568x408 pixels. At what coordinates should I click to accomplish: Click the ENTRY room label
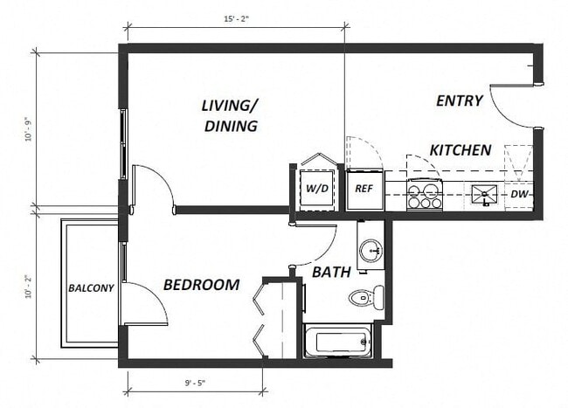pos(459,100)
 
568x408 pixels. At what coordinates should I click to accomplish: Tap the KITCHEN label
pos(460,150)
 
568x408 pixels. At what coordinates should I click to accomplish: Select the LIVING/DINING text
pos(230,116)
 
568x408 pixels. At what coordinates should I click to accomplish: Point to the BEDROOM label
pos(201,285)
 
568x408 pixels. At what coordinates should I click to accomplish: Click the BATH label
pos(332,272)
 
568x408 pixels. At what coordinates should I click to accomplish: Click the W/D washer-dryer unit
pos(317,188)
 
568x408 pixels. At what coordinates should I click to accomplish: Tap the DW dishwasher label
pos(518,194)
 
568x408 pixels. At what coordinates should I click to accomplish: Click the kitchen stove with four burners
pos(425,194)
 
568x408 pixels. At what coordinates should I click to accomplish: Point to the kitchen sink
pos(483,194)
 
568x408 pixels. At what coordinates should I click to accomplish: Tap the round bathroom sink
pos(371,252)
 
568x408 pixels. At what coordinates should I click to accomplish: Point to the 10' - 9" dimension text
pos(27,128)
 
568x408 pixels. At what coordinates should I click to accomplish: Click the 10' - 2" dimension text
pos(27,286)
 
